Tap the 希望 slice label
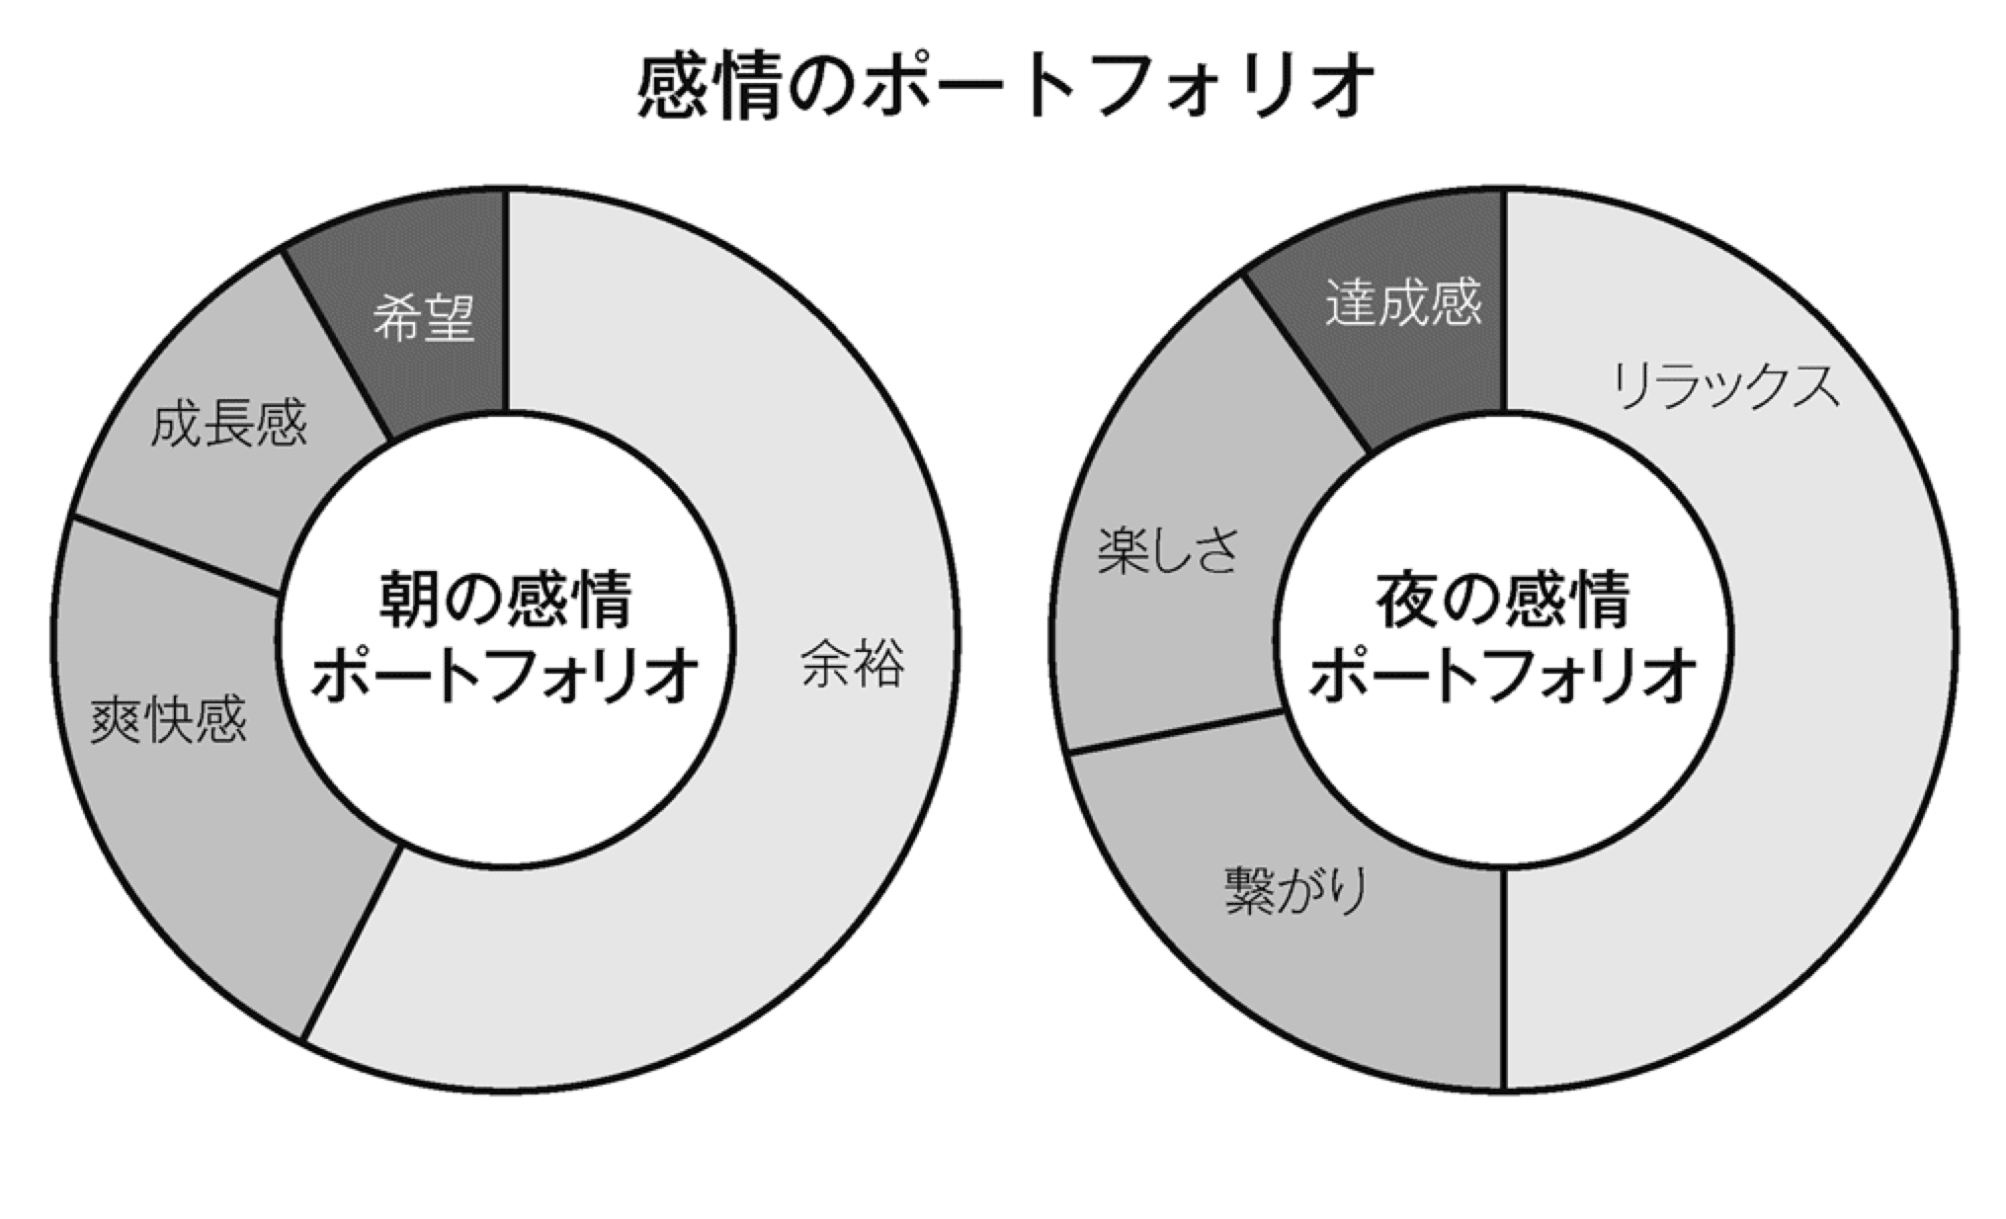[424, 318]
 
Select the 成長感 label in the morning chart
[228, 424]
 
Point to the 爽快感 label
[168, 719]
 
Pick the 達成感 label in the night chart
[1403, 302]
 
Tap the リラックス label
[1726, 386]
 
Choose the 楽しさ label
[1167, 550]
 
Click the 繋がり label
[1296, 890]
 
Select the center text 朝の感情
[506, 599]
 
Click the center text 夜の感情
[1503, 599]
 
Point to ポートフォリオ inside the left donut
[506, 676]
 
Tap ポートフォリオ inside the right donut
[1503, 676]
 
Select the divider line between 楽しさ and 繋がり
[1176, 732]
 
